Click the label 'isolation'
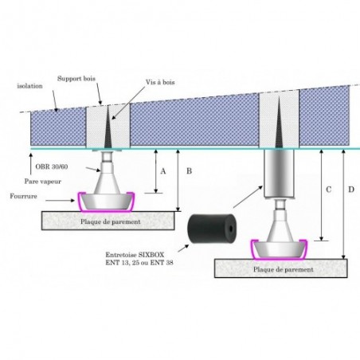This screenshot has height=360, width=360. (29, 86)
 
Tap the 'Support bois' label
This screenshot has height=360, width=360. (76, 79)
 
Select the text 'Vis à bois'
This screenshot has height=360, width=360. (160, 82)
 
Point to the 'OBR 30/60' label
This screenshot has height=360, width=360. (52, 166)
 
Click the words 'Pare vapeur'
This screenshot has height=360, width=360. (43, 182)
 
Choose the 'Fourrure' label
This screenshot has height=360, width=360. (23, 196)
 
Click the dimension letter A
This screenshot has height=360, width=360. (163, 171)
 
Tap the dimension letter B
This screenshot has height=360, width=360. (189, 171)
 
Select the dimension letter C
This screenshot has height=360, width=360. (329, 190)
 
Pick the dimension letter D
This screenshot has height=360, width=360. (351, 190)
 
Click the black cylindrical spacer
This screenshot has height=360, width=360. (212, 229)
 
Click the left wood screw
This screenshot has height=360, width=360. (108, 127)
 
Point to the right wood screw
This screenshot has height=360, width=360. (279, 122)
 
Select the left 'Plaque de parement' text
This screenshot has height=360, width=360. (111, 221)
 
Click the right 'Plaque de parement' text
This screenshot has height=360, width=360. (284, 269)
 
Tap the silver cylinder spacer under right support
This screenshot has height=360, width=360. (279, 174)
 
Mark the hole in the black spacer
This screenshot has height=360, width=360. (230, 229)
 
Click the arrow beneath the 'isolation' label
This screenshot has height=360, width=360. (55, 101)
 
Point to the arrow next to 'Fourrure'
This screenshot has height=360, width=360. (60, 201)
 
